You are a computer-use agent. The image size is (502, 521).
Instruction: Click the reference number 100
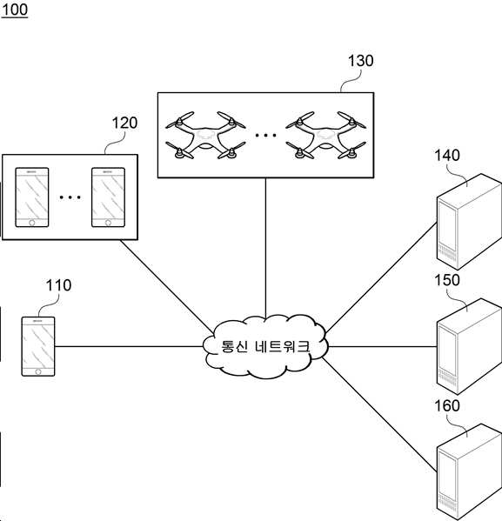point(15,10)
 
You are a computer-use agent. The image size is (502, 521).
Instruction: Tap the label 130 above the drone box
point(360,61)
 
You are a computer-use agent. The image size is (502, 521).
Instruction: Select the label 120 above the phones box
point(124,123)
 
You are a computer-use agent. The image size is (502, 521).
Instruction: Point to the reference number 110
point(58,285)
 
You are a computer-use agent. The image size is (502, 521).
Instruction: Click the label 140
point(447,155)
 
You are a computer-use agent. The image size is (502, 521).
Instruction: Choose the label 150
point(447,280)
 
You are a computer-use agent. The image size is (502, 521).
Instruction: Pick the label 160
point(447,405)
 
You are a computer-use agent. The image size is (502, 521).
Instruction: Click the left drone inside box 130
point(205,135)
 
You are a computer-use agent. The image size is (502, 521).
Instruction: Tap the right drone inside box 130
point(325,135)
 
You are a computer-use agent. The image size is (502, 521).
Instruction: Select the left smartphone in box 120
point(32,197)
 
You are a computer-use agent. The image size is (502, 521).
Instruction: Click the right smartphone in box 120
point(109,197)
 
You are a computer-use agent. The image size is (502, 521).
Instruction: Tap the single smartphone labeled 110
point(38,346)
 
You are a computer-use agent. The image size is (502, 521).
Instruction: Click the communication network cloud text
point(265,346)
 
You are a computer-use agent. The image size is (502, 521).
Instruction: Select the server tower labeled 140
point(469,222)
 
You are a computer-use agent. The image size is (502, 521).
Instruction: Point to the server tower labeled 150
point(469,346)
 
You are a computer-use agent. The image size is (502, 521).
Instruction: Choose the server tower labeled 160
point(469,471)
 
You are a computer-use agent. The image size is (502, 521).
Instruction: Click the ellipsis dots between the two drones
point(265,135)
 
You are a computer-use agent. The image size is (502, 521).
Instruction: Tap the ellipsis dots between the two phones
point(70,197)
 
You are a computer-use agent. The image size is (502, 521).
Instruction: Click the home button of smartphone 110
point(38,371)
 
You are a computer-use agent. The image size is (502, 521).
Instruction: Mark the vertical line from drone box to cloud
point(265,248)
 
